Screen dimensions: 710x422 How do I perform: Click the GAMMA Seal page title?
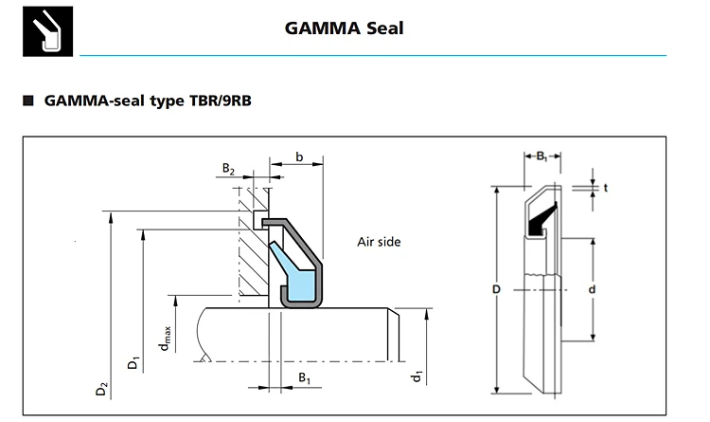point(344,28)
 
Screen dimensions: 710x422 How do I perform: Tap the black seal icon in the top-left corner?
point(47,31)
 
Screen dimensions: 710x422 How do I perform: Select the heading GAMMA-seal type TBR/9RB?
point(148,101)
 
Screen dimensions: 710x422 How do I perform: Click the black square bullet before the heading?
point(28,101)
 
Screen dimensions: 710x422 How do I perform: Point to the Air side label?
point(379,242)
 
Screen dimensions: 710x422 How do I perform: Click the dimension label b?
point(299,157)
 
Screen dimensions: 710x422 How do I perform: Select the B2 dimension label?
point(229,169)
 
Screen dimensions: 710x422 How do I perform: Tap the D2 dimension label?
point(102,390)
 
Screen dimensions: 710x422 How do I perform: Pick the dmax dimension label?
point(165,338)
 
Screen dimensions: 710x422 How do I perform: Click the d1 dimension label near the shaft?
point(417,376)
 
